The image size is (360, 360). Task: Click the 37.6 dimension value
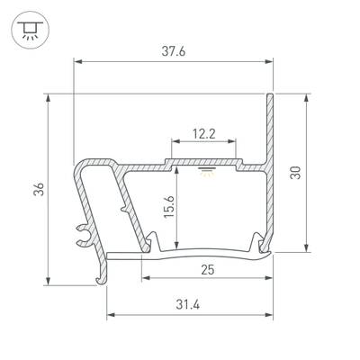(x=174, y=52)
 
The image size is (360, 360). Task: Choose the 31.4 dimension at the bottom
(x=191, y=303)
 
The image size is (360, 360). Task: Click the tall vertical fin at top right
(x=268, y=126)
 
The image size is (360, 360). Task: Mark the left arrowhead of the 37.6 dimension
(x=77, y=61)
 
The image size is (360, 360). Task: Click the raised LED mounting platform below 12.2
(x=203, y=160)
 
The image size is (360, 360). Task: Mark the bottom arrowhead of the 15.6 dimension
(x=176, y=249)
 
